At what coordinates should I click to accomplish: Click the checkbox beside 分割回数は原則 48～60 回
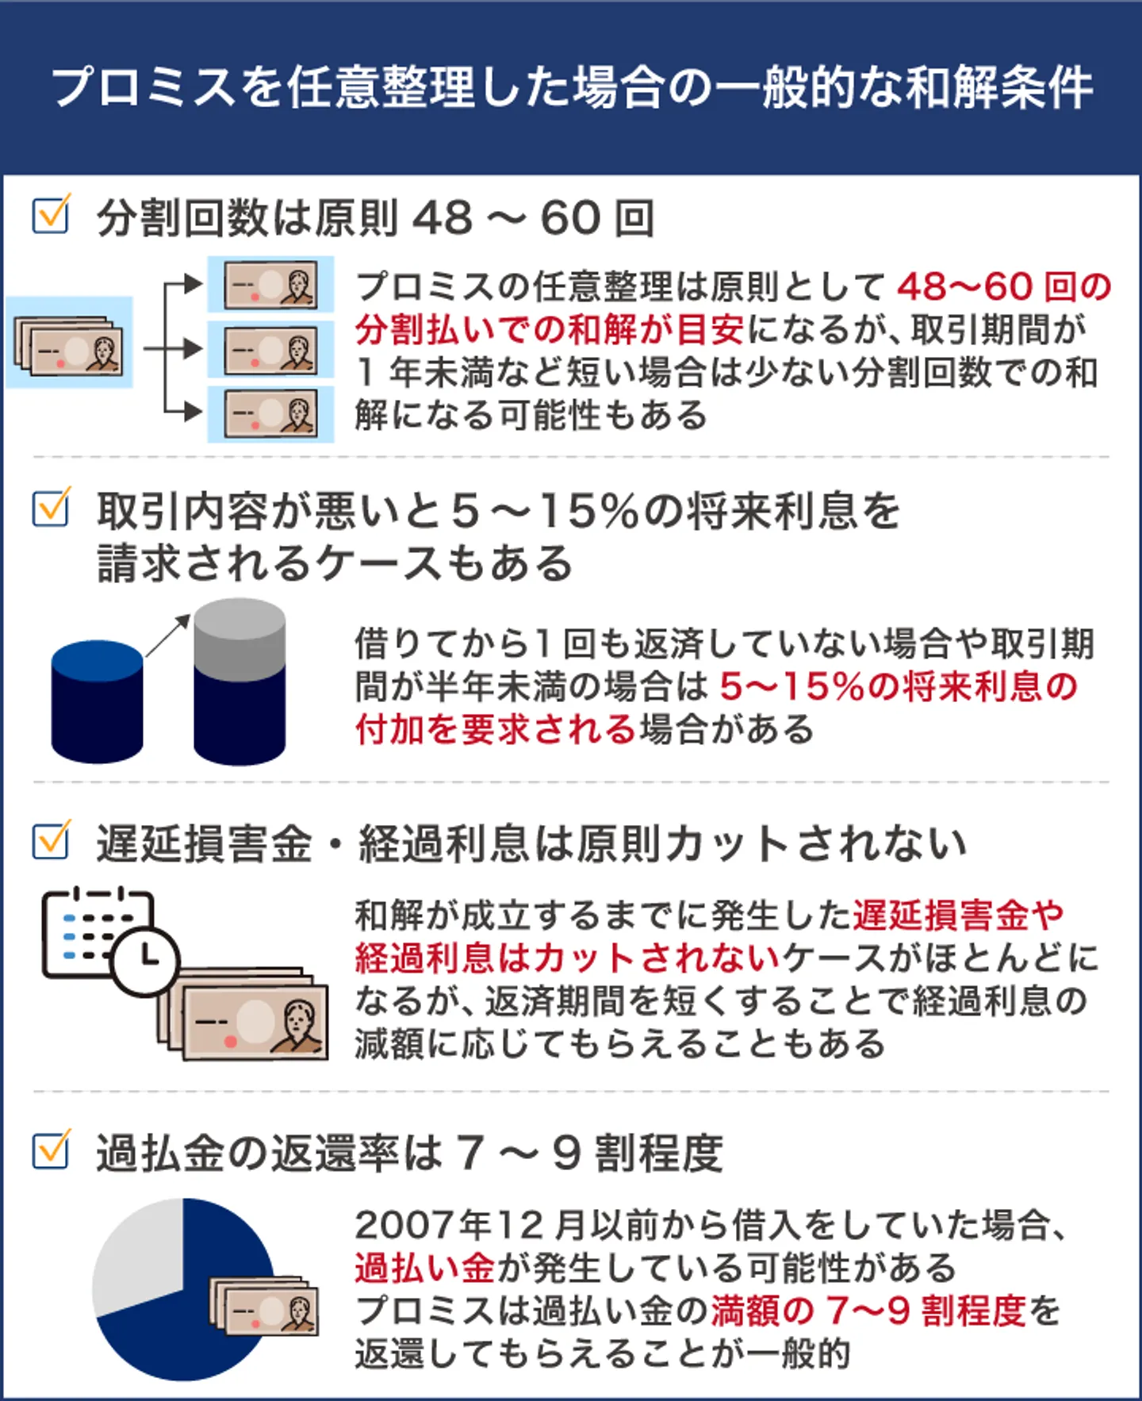51,215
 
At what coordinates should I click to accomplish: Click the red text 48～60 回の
1004,287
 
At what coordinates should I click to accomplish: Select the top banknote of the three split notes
270,285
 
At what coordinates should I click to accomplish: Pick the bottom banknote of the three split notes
270,413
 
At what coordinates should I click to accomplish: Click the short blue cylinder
97,701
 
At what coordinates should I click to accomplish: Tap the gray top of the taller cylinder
240,635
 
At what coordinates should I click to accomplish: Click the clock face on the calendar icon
146,959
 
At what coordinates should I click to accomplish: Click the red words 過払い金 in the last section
425,1268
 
